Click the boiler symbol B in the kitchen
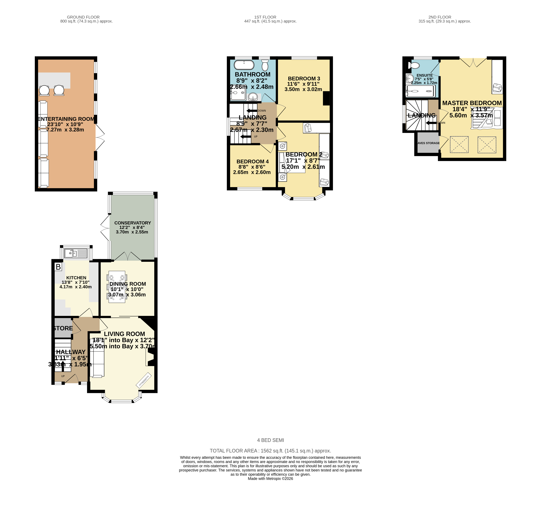(58, 267)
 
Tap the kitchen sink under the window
(76, 253)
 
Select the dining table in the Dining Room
(117, 287)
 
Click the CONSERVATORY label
(133, 223)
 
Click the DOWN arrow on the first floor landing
(252, 111)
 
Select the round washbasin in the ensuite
(410, 78)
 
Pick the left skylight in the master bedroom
(459, 145)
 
